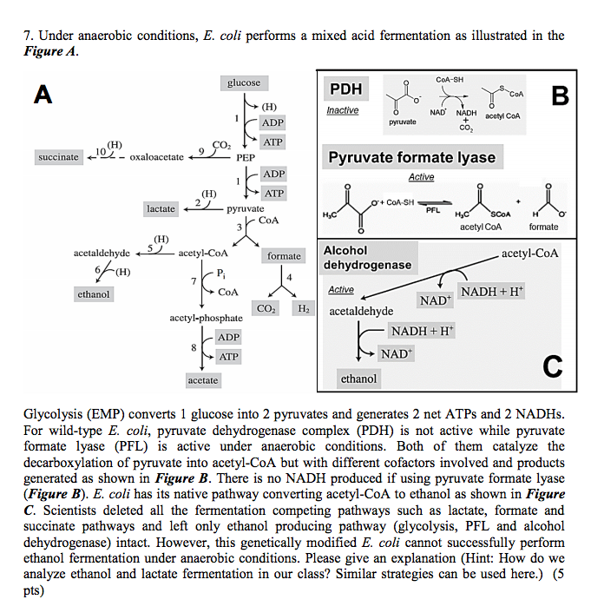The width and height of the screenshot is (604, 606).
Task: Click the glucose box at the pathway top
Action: [243, 82]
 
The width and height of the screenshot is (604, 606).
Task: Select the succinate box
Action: [59, 157]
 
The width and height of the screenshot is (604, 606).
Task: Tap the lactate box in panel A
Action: [161, 209]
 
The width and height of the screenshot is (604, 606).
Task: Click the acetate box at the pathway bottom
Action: [203, 380]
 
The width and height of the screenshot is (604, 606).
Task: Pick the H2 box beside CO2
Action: [303, 308]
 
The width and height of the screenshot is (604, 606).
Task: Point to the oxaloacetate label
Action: [156, 157]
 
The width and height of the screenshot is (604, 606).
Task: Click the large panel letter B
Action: [559, 96]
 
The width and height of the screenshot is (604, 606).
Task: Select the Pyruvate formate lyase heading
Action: [411, 157]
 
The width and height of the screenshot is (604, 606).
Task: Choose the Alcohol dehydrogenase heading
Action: [367, 257]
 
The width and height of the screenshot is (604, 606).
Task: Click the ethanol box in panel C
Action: [358, 379]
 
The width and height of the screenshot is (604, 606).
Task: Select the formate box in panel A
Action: [284, 256]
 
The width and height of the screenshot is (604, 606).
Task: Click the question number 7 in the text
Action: [29, 36]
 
